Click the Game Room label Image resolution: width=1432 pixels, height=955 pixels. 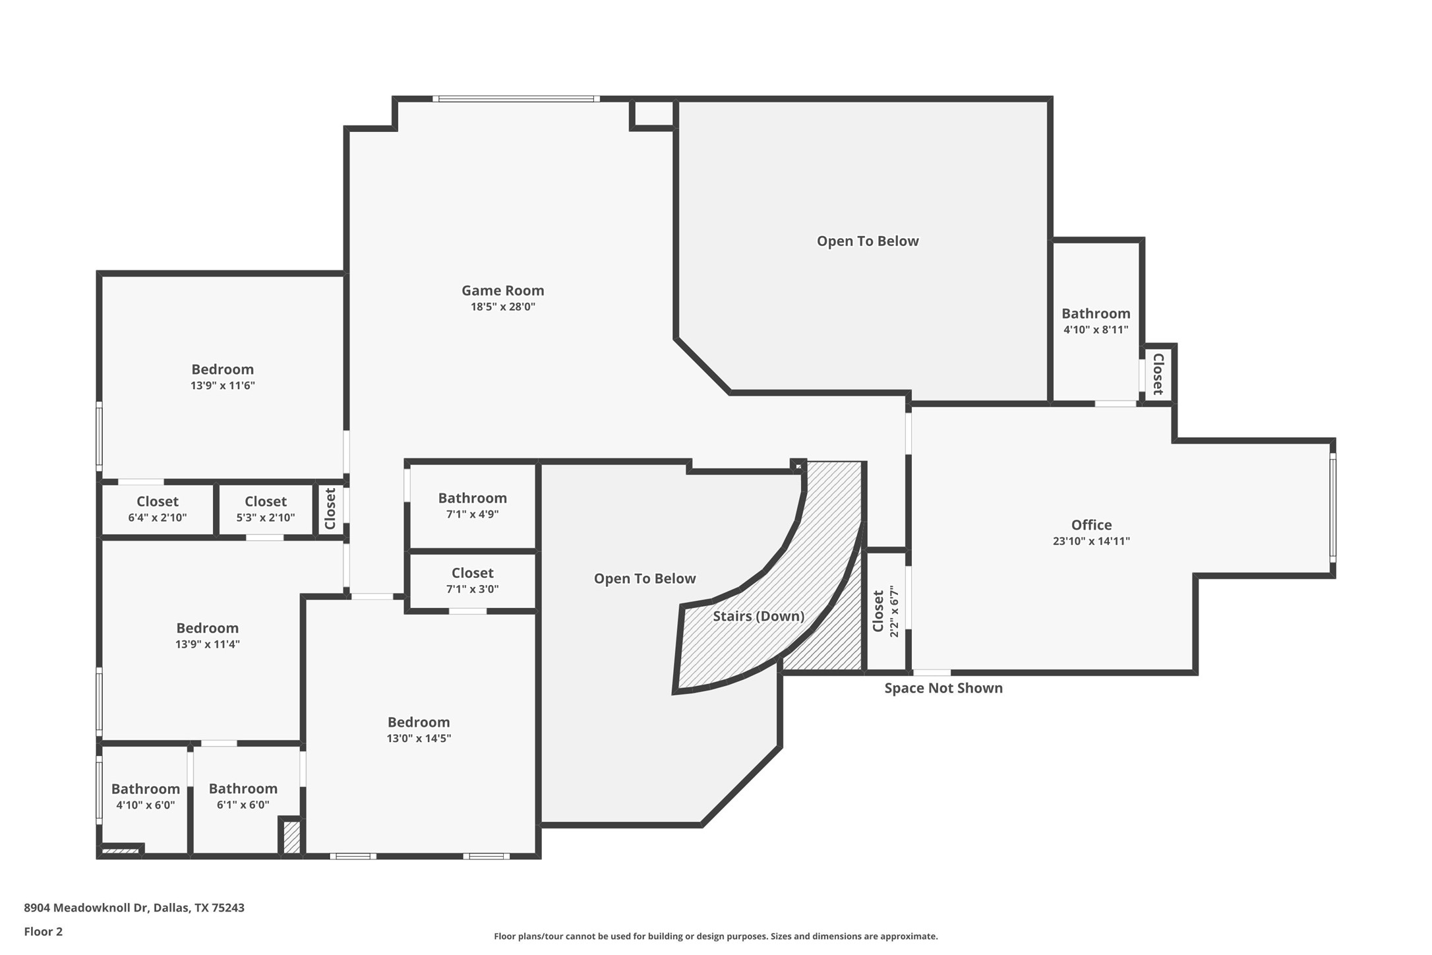pyautogui.click(x=502, y=290)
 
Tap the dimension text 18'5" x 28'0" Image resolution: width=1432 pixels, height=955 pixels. pyautogui.click(x=502, y=307)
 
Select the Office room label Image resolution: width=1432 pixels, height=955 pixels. pyautogui.click(x=1091, y=525)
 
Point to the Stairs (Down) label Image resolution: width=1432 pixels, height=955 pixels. pyautogui.click(x=758, y=616)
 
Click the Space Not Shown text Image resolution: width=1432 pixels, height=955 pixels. pyautogui.click(x=943, y=688)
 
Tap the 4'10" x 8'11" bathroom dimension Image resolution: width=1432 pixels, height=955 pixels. pyautogui.click(x=1095, y=330)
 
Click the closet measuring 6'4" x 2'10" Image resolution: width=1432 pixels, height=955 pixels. pyautogui.click(x=157, y=509)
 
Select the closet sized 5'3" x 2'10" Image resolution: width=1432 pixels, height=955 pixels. pyautogui.click(x=265, y=509)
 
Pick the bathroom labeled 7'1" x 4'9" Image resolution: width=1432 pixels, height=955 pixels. pyautogui.click(x=472, y=506)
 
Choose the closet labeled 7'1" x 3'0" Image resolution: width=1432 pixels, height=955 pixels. pyautogui.click(x=472, y=581)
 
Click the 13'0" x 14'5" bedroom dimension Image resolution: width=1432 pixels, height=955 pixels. pyautogui.click(x=419, y=739)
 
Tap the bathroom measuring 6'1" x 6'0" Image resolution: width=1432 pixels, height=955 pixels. pyautogui.click(x=243, y=796)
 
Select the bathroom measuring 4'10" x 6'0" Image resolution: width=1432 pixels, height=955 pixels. pyautogui.click(x=145, y=796)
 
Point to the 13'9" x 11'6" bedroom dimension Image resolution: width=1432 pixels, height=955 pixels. pyautogui.click(x=222, y=386)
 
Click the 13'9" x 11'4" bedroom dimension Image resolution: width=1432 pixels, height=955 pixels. pyautogui.click(x=207, y=644)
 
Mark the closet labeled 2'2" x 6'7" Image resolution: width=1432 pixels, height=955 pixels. pyautogui.click(x=885, y=611)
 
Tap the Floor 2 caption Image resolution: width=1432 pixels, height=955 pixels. pyautogui.click(x=43, y=932)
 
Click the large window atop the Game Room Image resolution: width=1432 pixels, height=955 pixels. pyautogui.click(x=516, y=99)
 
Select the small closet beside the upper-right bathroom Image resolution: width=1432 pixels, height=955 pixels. pyautogui.click(x=1158, y=374)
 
